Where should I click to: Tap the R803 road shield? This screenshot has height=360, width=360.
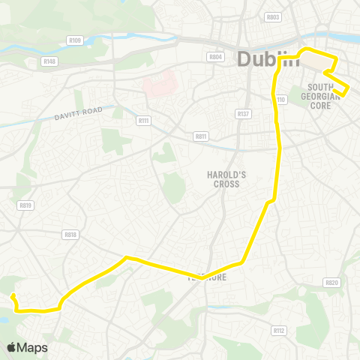pos(273,16)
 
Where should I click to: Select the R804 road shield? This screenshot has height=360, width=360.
pos(216,56)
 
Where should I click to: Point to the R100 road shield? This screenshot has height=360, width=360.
pos(74,40)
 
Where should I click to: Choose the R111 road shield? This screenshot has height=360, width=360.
pos(143,119)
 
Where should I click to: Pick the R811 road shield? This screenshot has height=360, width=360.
pos(200,136)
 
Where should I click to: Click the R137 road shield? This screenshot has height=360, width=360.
pos(242,114)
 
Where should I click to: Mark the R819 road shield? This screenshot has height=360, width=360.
pos(26,205)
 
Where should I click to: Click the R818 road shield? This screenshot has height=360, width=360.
pos(71,234)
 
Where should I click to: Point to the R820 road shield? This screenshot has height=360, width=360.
pos(332,282)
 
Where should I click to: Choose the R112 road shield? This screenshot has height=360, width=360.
pos(279,330)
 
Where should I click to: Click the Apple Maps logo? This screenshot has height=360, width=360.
pos(27,347)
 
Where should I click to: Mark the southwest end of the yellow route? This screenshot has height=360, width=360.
pos(13,296)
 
